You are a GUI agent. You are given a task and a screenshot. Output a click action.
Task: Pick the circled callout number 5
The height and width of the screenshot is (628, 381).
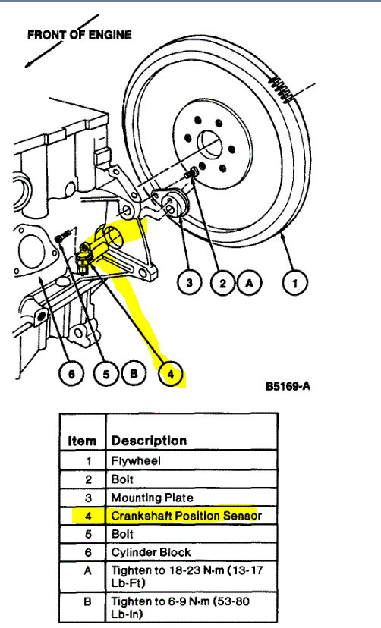(106, 374)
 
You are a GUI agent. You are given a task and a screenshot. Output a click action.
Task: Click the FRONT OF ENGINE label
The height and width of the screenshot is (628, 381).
(80, 35)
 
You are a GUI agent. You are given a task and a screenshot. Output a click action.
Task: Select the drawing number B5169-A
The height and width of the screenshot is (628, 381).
(288, 386)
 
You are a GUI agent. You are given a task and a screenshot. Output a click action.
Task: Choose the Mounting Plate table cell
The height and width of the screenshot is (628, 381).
(147, 497)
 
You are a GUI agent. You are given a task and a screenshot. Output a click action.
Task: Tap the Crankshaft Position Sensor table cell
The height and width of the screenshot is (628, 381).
(185, 516)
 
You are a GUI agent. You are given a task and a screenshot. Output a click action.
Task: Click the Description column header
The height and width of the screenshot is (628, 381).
(149, 440)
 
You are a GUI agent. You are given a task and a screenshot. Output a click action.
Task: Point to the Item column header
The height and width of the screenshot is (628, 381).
(82, 440)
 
